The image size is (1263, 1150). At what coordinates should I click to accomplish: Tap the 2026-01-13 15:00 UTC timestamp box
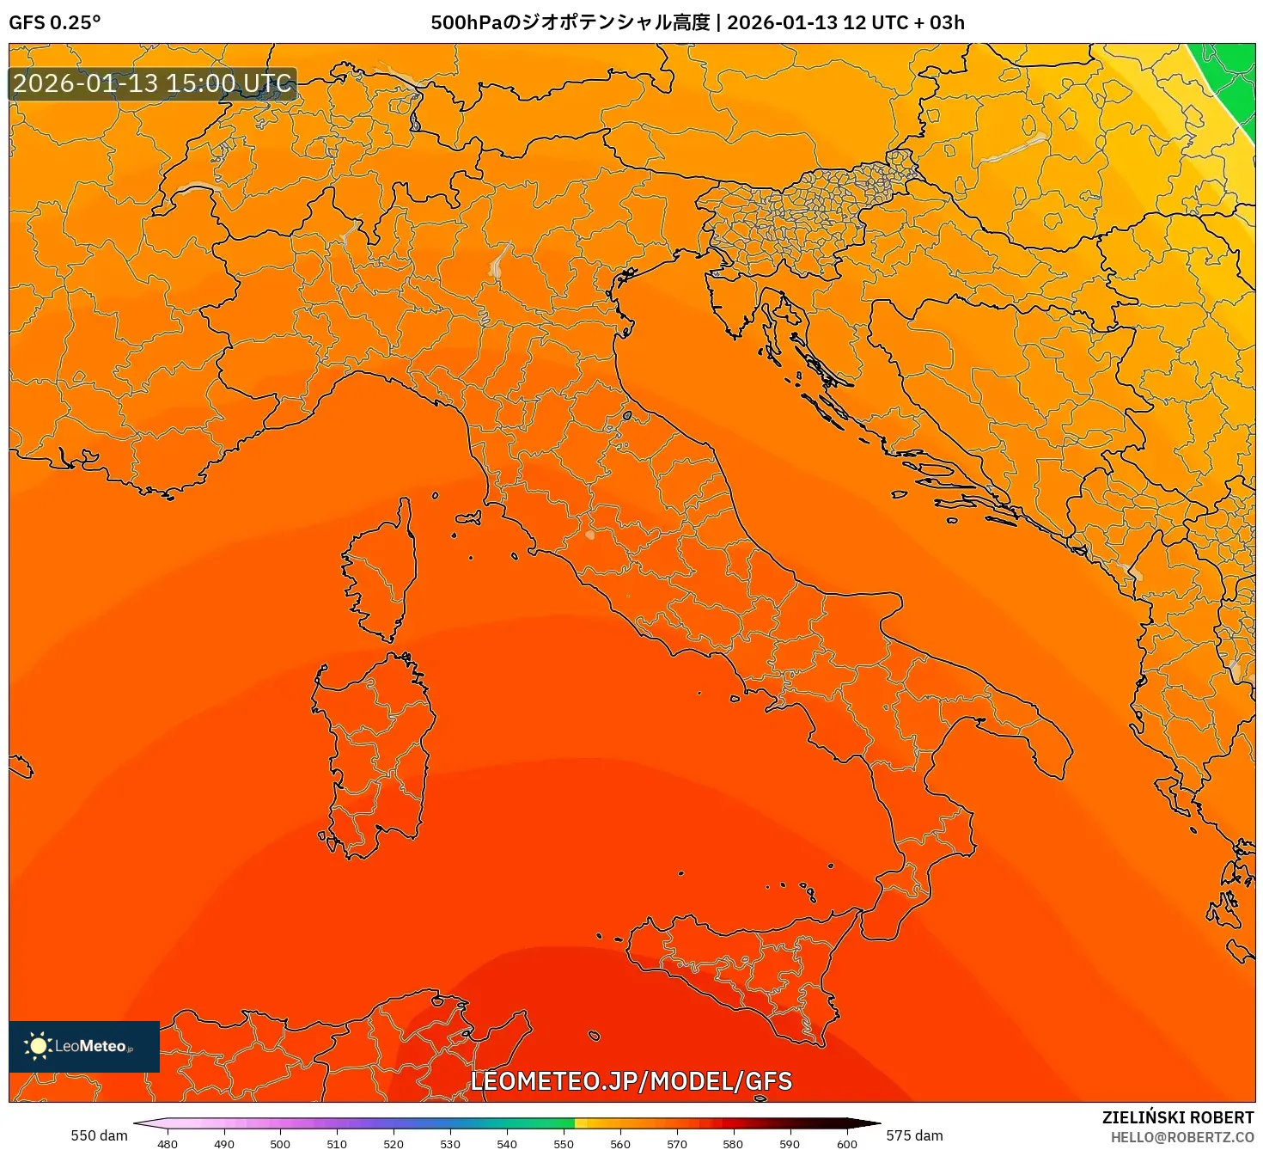[153, 83]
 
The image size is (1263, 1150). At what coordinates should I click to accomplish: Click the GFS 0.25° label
[54, 22]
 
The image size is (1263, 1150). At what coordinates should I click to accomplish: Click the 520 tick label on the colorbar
[394, 1144]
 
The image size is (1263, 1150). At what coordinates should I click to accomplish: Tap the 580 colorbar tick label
[733, 1144]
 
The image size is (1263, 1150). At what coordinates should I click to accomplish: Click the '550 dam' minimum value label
[99, 1135]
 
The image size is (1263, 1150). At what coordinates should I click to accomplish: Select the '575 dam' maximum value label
[914, 1135]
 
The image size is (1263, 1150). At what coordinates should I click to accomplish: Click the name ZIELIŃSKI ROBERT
[1178, 1117]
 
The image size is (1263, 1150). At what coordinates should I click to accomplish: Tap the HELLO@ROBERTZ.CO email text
[1182, 1137]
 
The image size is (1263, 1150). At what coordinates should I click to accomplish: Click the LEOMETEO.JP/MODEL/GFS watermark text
[631, 1081]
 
